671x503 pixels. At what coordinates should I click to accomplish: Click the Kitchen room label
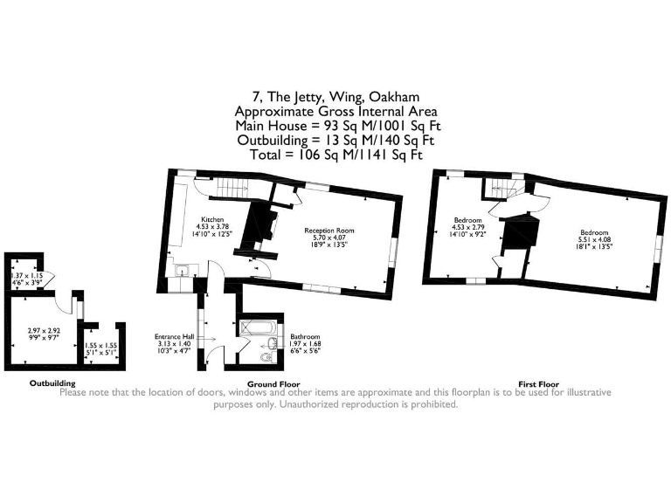click(x=212, y=219)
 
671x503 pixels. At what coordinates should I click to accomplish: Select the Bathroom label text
click(x=305, y=336)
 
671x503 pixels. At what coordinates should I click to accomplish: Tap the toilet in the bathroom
click(x=267, y=357)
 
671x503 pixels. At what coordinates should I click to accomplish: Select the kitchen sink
click(x=183, y=271)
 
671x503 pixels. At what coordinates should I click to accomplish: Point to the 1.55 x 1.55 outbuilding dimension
click(x=97, y=348)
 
